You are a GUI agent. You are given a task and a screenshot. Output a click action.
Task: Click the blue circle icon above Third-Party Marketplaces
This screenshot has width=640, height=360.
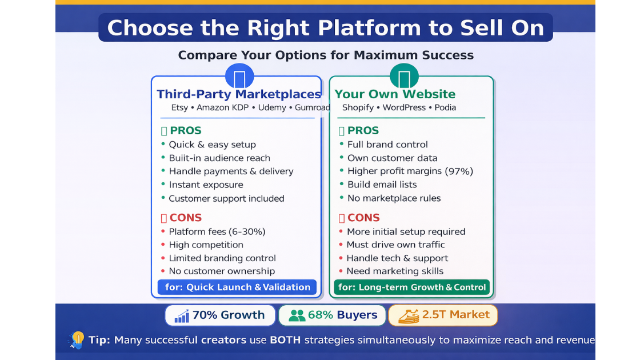pos(239,76)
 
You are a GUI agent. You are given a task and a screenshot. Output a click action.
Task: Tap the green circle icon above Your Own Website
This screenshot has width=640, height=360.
pos(404,76)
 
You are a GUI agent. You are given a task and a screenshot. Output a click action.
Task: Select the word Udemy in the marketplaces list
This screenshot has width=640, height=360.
pos(272,108)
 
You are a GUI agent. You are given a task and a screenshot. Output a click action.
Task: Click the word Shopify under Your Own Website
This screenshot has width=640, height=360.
pos(358,108)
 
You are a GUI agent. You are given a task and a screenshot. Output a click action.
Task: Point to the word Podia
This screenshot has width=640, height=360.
pos(445,108)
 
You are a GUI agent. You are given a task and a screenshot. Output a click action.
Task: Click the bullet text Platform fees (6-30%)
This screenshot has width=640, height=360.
pos(217,232)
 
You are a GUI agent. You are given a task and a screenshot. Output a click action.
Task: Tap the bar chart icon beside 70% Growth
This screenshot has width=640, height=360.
pos(182,315)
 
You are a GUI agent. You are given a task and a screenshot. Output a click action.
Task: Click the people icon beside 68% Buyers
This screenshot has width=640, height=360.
pos(297,315)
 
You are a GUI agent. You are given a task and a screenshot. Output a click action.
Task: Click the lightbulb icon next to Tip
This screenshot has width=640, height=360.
pos(77,339)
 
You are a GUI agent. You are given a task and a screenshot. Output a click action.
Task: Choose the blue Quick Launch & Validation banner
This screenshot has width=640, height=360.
pos(237,287)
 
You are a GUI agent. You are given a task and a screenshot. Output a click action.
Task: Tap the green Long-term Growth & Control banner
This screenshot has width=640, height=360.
pos(412,287)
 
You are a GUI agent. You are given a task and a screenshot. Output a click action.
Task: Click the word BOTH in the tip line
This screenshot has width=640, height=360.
pos(285,340)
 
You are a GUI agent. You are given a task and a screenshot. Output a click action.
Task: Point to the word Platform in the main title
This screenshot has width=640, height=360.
pos(369,28)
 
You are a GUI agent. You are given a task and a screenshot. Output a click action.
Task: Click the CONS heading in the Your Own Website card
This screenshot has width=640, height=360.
pos(363,218)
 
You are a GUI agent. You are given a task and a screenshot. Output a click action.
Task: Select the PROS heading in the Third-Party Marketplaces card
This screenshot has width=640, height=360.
pos(186,131)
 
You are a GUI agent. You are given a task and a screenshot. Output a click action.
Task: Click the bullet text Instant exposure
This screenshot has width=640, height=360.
pos(206,185)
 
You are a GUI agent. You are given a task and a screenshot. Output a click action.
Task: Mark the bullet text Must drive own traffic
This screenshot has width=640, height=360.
pos(395,245)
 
